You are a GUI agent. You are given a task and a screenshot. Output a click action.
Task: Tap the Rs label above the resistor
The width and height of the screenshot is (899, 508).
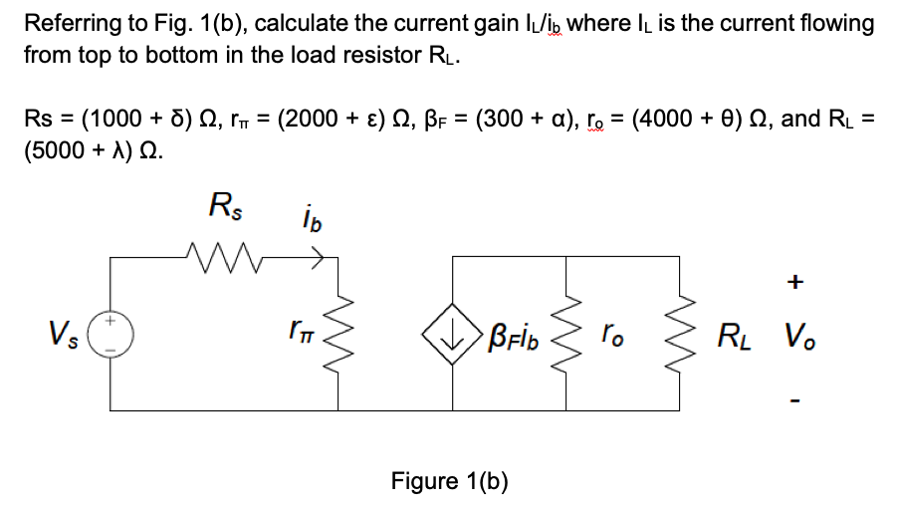click(x=224, y=208)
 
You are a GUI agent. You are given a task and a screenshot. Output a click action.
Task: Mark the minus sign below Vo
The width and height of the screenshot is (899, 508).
click(x=793, y=402)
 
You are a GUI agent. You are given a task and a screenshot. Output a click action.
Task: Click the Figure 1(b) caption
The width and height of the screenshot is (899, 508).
click(x=449, y=481)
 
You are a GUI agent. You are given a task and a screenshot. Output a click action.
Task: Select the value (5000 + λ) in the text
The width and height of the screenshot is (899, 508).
click(x=91, y=153)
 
